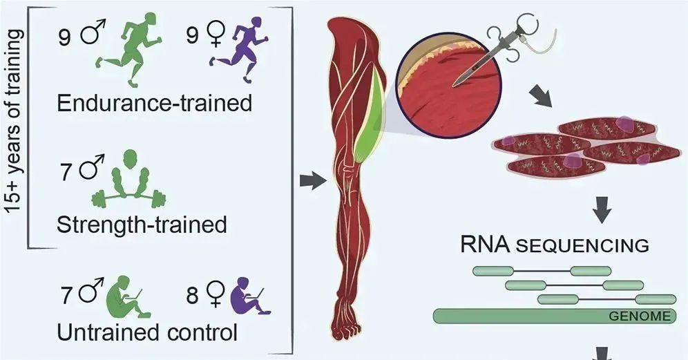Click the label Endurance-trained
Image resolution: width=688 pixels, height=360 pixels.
(x=154, y=104)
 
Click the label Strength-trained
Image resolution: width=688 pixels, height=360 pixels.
(x=142, y=225)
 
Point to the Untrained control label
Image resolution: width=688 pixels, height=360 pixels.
(x=147, y=332)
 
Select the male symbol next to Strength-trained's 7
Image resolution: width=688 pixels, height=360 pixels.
(x=88, y=170)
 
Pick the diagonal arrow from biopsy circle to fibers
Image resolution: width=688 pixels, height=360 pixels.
(x=544, y=98)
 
